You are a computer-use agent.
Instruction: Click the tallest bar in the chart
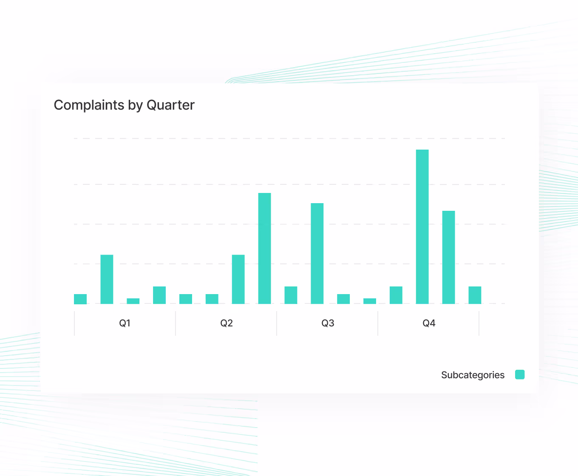pyautogui.click(x=422, y=227)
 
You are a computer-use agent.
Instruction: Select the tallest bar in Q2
pyautogui.click(x=264, y=248)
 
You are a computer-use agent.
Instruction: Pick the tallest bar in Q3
pyautogui.click(x=317, y=253)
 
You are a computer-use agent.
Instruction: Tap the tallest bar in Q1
pyautogui.click(x=107, y=279)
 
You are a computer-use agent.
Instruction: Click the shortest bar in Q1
pyautogui.click(x=133, y=301)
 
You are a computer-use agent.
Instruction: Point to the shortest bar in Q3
pyautogui.click(x=370, y=301)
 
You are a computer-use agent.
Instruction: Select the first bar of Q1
pyautogui.click(x=80, y=299)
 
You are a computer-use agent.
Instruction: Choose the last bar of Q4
pyautogui.click(x=475, y=295)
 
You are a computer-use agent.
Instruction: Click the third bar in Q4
pyautogui.click(x=448, y=257)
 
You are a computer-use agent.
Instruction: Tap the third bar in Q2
pyautogui.click(x=238, y=279)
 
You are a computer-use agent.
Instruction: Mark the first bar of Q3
pyautogui.click(x=291, y=295)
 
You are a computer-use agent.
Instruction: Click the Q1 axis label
pyautogui.click(x=125, y=323)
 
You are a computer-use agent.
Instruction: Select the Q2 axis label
pyautogui.click(x=227, y=323)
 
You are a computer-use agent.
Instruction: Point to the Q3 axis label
pyautogui.click(x=328, y=323)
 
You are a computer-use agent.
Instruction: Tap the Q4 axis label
pyautogui.click(x=429, y=323)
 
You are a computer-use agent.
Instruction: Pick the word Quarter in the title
pyautogui.click(x=170, y=105)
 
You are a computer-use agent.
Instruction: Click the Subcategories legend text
pyautogui.click(x=473, y=375)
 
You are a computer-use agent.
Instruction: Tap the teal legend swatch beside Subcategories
pyautogui.click(x=520, y=374)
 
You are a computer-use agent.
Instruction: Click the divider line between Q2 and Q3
pyautogui.click(x=277, y=323)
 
